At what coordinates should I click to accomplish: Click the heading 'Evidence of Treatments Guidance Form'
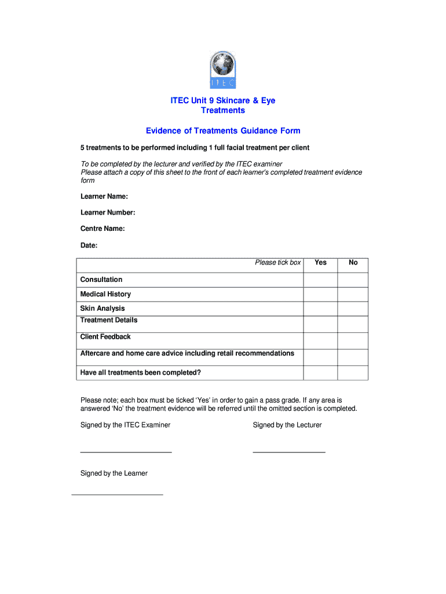[x=223, y=131]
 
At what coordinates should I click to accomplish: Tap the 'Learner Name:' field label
[x=104, y=197]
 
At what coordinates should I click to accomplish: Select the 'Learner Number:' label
[x=108, y=212]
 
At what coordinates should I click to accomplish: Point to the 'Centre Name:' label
[x=103, y=229]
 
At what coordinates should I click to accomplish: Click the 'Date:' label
[x=89, y=245]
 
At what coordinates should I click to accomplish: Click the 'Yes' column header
[x=320, y=263]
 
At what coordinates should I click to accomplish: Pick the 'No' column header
[x=353, y=263]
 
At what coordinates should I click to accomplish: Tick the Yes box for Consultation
[x=320, y=280]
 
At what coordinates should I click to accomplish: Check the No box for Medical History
[x=353, y=295]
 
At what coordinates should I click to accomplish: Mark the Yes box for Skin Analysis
[x=320, y=309]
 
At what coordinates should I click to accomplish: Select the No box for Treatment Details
[x=353, y=324]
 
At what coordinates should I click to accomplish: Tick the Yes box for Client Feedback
[x=320, y=341]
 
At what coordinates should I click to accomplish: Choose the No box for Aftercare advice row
[x=353, y=357]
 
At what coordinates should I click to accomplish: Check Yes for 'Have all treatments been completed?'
[x=320, y=372]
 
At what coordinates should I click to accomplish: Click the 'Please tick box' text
[x=278, y=263]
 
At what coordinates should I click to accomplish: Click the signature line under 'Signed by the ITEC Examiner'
[x=126, y=451]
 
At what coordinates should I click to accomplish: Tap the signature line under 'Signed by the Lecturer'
[x=289, y=451]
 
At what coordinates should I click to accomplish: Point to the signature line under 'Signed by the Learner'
[x=117, y=494]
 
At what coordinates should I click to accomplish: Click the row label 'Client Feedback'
[x=105, y=337]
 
